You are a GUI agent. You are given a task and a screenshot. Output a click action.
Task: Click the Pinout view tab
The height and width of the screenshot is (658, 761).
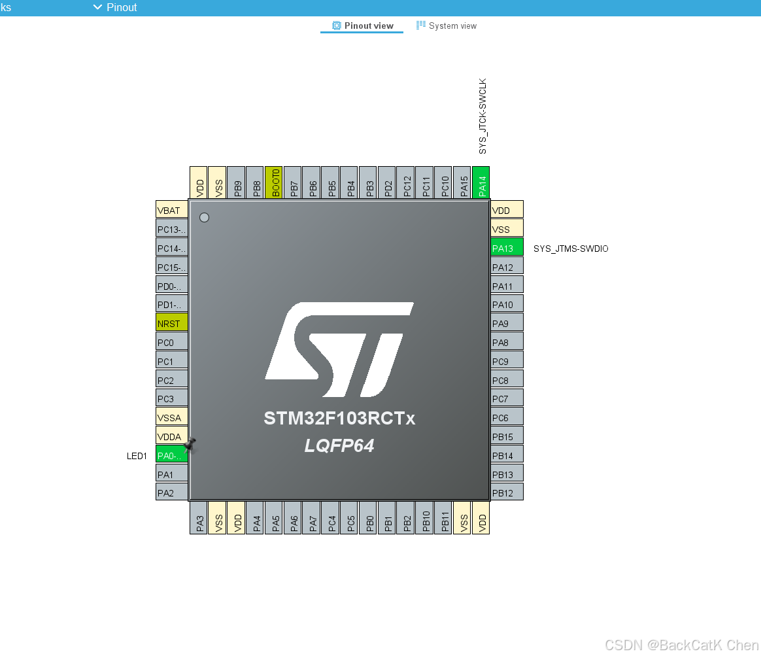pos(362,26)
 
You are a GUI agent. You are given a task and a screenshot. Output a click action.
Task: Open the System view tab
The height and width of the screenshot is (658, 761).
pos(447,26)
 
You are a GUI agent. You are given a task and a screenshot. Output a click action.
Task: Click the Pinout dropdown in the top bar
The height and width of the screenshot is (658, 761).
pos(115,7)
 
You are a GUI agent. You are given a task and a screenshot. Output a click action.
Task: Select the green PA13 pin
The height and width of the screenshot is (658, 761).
pos(507,247)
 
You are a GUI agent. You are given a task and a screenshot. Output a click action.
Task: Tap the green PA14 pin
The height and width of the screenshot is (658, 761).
pos(481,182)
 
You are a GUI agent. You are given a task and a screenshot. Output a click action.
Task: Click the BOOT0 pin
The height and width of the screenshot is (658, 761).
pos(274,182)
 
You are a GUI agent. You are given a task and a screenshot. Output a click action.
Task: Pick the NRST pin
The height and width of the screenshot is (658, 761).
pos(172,322)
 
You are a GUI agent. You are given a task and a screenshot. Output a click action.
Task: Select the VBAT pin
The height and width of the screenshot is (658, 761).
pos(172,209)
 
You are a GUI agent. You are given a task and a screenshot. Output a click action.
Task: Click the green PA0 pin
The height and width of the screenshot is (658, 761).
pos(172,455)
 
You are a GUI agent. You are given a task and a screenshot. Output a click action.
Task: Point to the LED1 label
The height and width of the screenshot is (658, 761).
pos(137,456)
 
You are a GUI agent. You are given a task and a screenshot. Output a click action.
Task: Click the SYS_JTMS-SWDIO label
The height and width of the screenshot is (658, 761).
pos(571,249)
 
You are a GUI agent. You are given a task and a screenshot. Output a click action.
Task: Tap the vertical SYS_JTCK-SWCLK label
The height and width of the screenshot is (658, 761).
pos(482,116)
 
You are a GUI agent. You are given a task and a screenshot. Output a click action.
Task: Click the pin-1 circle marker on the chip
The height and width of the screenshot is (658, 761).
pos(205,218)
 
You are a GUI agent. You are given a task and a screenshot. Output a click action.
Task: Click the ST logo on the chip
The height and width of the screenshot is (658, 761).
pos(339,349)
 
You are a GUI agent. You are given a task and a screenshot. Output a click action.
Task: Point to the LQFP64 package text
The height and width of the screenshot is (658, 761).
pos(339,446)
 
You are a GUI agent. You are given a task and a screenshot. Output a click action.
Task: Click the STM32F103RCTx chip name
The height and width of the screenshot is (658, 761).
pos(339,418)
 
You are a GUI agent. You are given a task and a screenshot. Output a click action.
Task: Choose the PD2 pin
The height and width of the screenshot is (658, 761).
pos(387,182)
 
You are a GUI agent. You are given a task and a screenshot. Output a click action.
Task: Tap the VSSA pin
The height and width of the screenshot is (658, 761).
pos(172,417)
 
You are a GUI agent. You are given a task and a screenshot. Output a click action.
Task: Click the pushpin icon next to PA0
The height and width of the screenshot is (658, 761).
pos(190,444)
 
